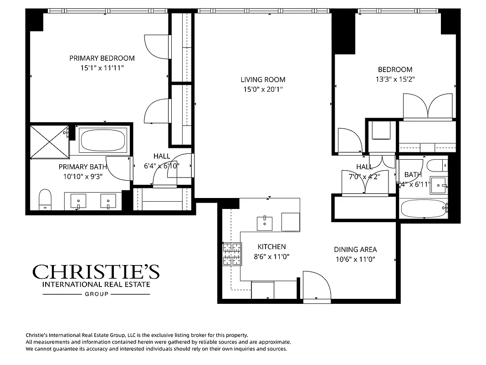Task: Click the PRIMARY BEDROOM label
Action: click(x=102, y=58)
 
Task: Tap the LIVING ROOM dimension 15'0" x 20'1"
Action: click(x=263, y=89)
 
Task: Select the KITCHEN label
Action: click(x=271, y=246)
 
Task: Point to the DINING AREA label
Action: click(x=355, y=250)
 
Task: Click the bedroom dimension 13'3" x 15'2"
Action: click(x=395, y=78)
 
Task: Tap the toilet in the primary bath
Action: click(x=45, y=199)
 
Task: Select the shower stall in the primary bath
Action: click(x=49, y=141)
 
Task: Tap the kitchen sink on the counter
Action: click(x=265, y=223)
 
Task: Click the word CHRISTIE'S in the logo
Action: click(x=96, y=272)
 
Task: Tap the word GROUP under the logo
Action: click(x=97, y=294)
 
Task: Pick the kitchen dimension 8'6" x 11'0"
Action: click(x=271, y=256)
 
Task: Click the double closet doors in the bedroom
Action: click(x=429, y=107)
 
